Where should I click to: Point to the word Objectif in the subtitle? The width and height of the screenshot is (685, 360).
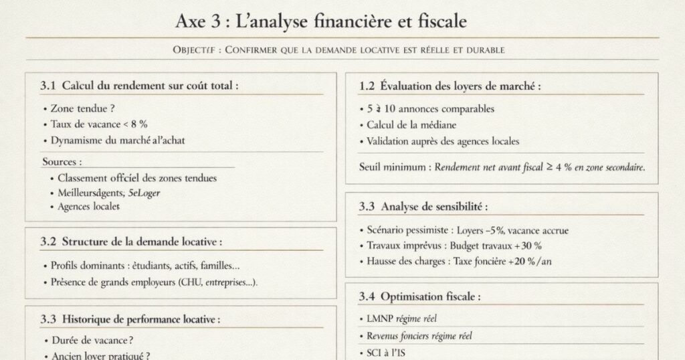(x=193, y=50)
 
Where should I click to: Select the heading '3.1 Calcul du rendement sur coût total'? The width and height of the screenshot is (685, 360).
(x=139, y=86)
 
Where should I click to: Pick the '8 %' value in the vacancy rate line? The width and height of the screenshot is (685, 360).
(x=138, y=124)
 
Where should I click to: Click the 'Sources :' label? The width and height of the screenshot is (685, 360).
(x=62, y=162)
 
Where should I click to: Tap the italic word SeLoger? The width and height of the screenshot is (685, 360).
(x=144, y=193)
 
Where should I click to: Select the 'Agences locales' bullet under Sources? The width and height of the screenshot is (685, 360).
(x=89, y=207)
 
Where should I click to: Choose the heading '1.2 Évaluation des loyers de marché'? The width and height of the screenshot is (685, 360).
(x=450, y=86)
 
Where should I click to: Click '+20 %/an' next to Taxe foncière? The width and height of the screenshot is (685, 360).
(x=534, y=262)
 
